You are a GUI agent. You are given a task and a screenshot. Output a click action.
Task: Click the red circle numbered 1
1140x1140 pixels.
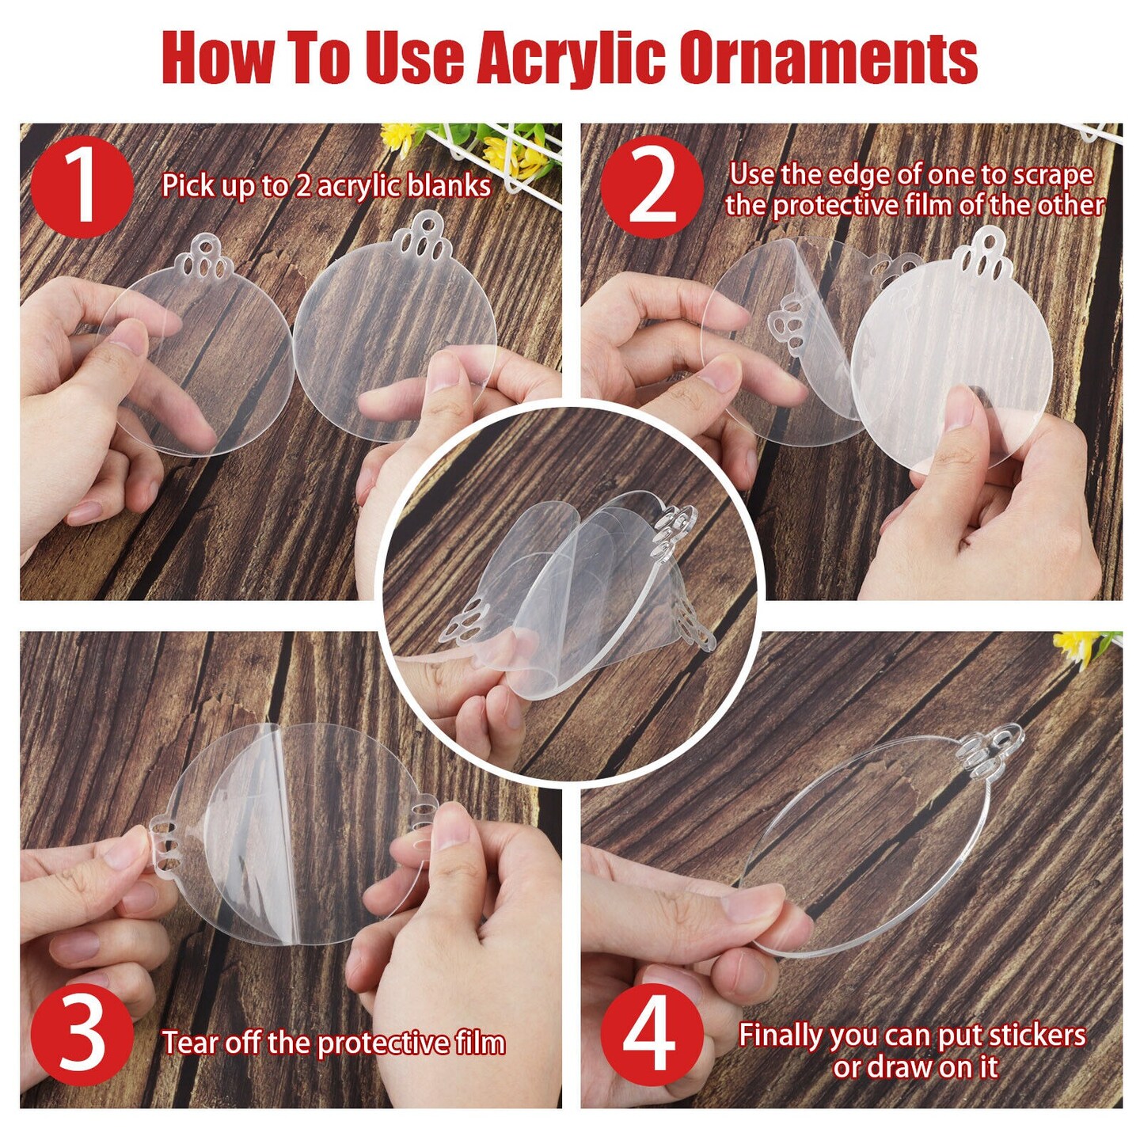click(82, 186)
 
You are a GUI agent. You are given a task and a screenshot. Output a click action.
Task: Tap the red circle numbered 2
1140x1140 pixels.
click(652, 186)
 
